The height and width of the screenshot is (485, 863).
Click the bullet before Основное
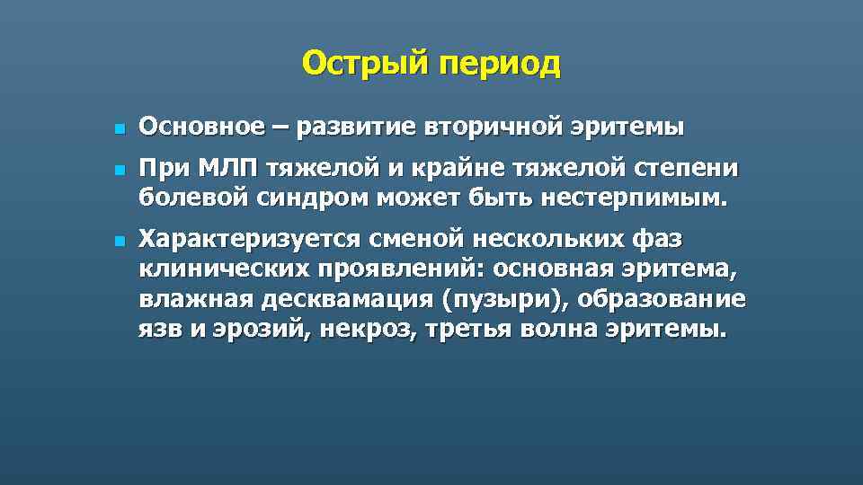[118, 130]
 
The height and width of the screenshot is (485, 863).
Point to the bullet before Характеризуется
[118, 242]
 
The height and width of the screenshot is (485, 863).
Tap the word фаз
[658, 240]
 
